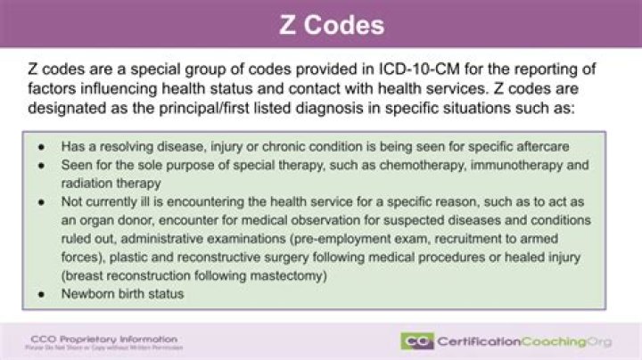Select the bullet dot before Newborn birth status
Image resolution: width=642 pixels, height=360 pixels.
point(41,294)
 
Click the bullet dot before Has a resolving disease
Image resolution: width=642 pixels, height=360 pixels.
point(41,146)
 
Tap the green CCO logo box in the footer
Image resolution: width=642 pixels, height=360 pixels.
point(416,341)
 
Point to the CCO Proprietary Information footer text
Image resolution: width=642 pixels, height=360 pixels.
point(104,339)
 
